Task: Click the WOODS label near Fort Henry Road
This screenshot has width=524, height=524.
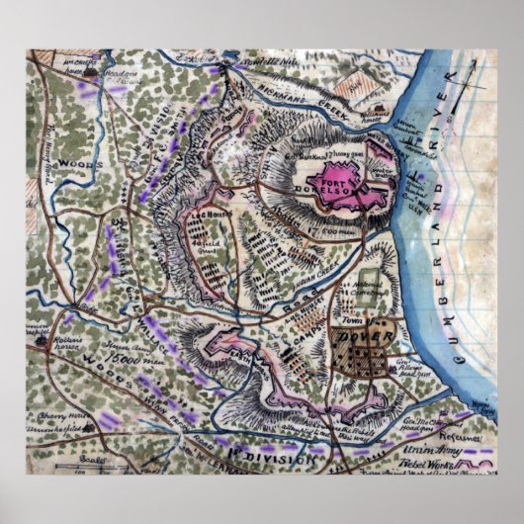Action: [75, 162]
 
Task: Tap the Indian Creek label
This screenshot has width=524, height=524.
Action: [314, 261]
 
